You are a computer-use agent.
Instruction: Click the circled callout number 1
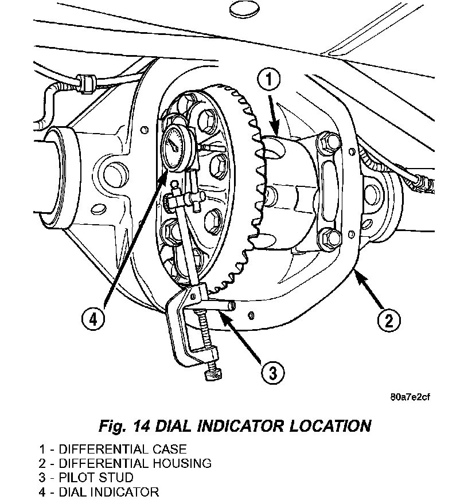click(x=268, y=79)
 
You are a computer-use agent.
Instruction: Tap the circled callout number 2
click(x=388, y=320)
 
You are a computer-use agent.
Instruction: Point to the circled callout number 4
click(x=93, y=319)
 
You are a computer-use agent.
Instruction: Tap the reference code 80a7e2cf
click(x=410, y=397)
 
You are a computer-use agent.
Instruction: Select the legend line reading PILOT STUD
click(x=86, y=478)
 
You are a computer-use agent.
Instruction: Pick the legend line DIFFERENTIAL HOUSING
click(x=125, y=463)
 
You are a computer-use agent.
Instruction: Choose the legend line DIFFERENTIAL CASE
click(x=112, y=449)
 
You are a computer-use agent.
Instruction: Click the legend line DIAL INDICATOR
click(x=99, y=492)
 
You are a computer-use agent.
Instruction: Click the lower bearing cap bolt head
click(x=330, y=239)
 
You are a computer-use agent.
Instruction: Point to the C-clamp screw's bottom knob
click(x=213, y=373)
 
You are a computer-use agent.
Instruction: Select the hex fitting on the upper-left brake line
click(x=87, y=83)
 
